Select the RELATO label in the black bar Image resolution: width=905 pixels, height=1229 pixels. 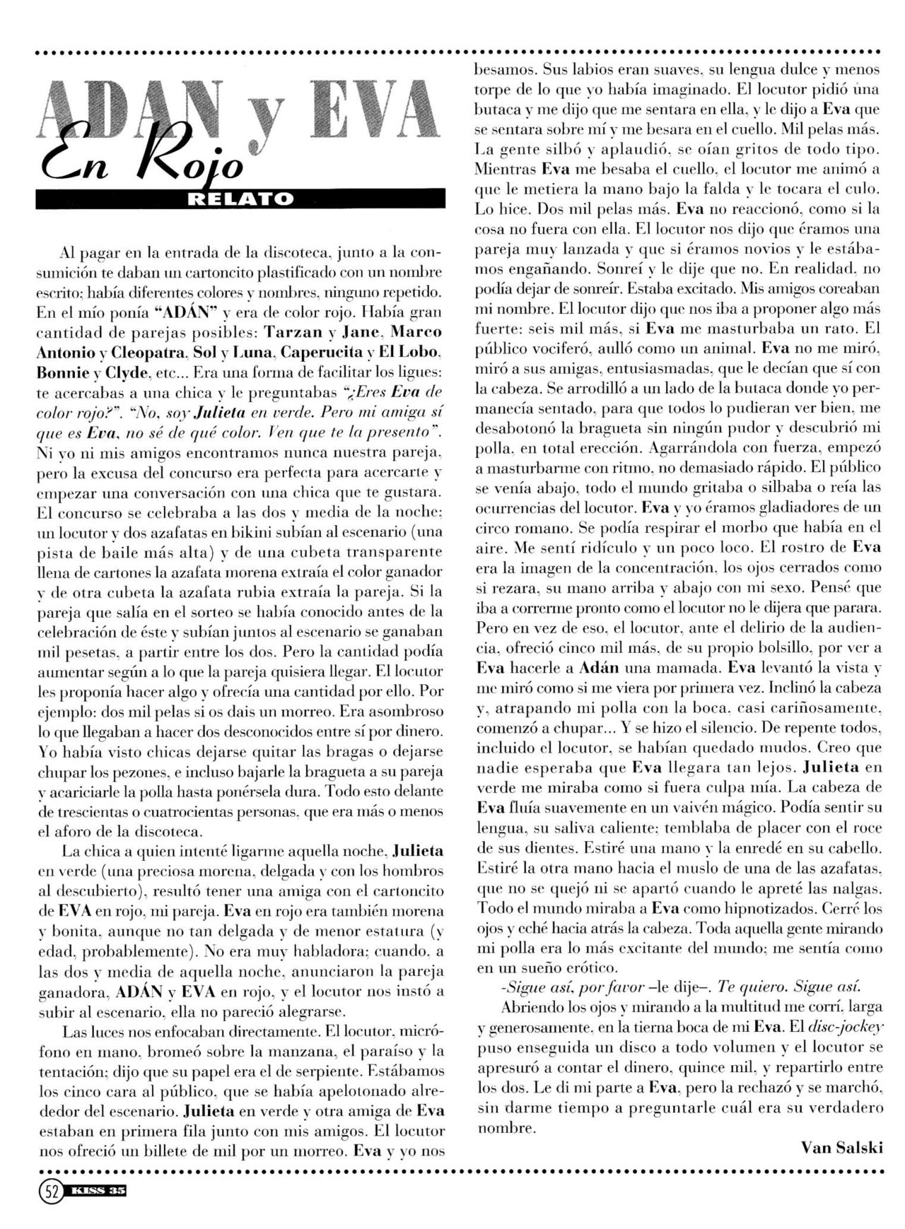pos(241,199)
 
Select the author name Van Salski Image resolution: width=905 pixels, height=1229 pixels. pos(841,1146)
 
